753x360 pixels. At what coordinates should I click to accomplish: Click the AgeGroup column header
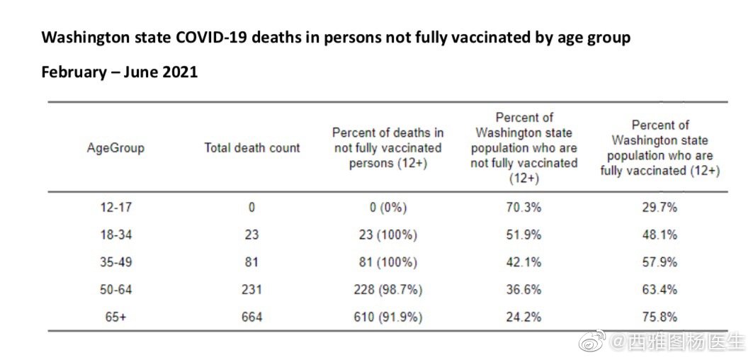[x=115, y=148]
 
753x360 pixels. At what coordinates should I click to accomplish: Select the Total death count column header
[x=252, y=148]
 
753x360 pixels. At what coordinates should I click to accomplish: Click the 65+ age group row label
[x=115, y=317]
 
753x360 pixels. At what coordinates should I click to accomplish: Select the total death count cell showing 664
[x=251, y=317]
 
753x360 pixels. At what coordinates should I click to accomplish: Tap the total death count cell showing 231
[x=251, y=290]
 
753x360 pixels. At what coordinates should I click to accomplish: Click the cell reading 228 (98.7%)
[x=387, y=290]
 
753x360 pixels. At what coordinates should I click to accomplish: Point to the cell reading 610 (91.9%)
[x=387, y=317]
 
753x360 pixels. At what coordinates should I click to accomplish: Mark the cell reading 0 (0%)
[x=387, y=208]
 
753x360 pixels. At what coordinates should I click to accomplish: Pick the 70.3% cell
[x=524, y=208]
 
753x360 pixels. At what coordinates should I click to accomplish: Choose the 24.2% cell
[x=524, y=317]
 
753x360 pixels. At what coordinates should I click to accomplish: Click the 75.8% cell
[x=660, y=317]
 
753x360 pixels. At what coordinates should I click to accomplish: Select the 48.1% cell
[x=660, y=235]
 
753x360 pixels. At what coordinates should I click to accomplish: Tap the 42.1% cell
[x=524, y=262]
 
